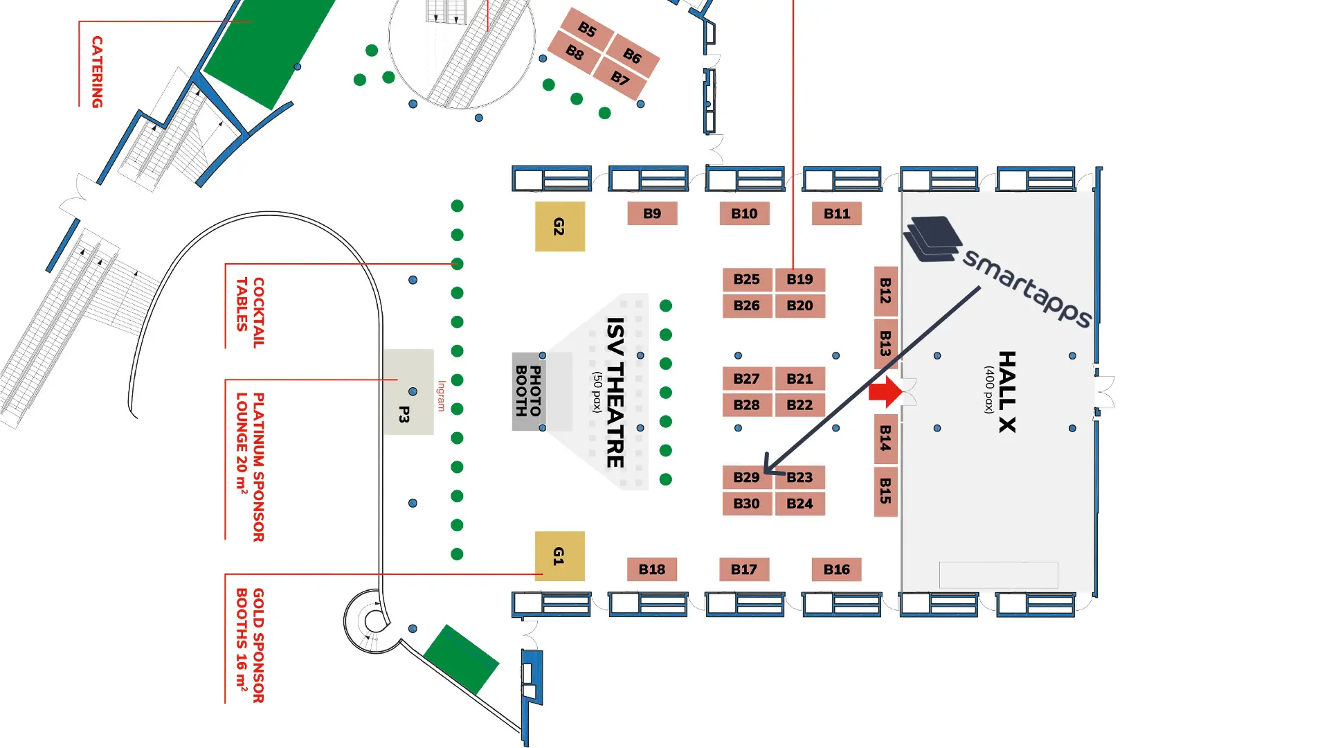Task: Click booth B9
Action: tap(652, 214)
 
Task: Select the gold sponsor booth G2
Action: tap(559, 226)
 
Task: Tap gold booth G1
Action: tap(559, 555)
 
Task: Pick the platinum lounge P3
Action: tap(408, 393)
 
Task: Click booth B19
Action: tap(800, 279)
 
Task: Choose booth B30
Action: tap(746, 504)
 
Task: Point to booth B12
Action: tap(885, 291)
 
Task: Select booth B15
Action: tap(885, 490)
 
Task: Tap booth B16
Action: tap(836, 569)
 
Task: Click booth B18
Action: tap(652, 569)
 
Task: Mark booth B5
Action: tap(587, 29)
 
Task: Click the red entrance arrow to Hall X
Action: tap(885, 392)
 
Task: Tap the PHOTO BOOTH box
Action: tap(528, 391)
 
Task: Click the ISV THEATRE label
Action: tap(615, 392)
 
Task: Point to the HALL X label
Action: tap(1007, 392)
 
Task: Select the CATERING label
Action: tap(97, 72)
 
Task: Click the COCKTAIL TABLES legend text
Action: tap(250, 312)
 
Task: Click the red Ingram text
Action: tap(441, 395)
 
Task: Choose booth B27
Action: tap(746, 379)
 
